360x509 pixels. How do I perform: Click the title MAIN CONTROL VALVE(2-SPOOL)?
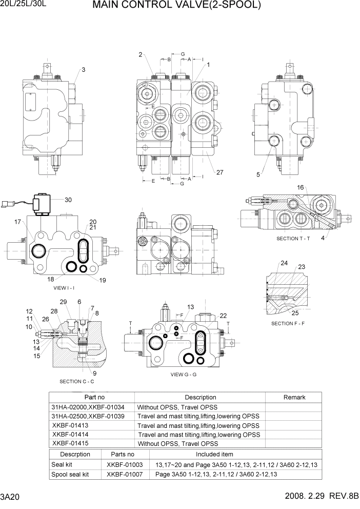click(x=177, y=6)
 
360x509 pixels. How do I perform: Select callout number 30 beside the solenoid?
click(x=68, y=200)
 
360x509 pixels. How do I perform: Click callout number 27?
click(x=219, y=172)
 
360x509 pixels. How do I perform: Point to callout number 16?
click(x=301, y=187)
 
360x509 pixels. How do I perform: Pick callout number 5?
click(x=259, y=174)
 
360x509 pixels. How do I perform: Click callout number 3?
click(x=83, y=70)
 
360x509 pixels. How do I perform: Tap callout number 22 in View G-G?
click(x=223, y=316)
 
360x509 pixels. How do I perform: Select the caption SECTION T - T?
click(x=294, y=239)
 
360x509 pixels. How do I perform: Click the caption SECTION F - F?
click(x=288, y=323)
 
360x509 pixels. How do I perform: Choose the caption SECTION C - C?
click(x=76, y=381)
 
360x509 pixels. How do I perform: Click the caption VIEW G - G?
click(x=184, y=375)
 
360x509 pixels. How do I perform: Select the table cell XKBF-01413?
click(x=70, y=425)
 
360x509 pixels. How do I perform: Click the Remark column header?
click(x=294, y=397)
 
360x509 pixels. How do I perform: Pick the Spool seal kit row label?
click(x=70, y=474)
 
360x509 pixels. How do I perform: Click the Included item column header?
click(x=214, y=454)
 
